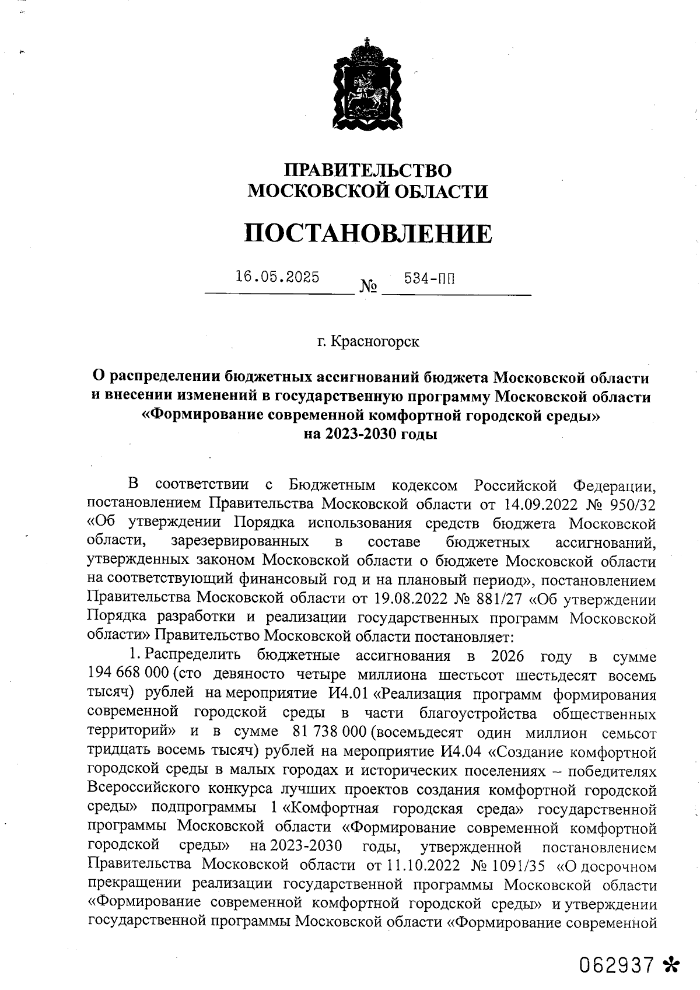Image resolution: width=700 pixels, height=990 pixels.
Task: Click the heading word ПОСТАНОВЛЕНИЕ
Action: tap(367, 233)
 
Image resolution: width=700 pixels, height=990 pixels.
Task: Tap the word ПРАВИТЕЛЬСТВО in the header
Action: tap(367, 170)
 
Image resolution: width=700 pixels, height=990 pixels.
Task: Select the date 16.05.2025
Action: tap(277, 277)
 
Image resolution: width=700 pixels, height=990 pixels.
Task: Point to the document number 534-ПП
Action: tap(429, 279)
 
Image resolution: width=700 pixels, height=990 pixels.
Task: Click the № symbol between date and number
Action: tap(369, 287)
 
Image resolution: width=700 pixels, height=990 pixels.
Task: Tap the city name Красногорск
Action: tap(374, 341)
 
